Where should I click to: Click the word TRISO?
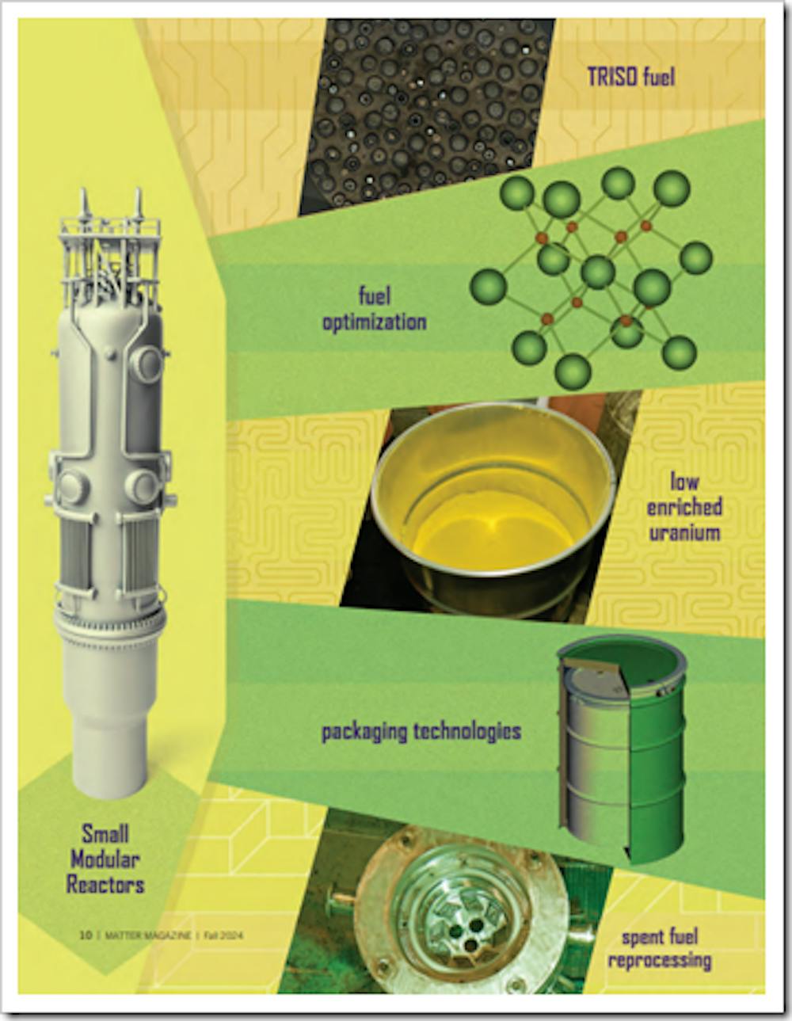(611, 77)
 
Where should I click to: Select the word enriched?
(684, 507)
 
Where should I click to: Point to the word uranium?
(684, 533)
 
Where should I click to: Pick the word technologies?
(467, 731)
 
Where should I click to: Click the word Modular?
(105, 860)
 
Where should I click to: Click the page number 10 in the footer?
(86, 935)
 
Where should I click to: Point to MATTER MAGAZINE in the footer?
(148, 935)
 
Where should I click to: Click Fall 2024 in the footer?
(223, 935)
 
